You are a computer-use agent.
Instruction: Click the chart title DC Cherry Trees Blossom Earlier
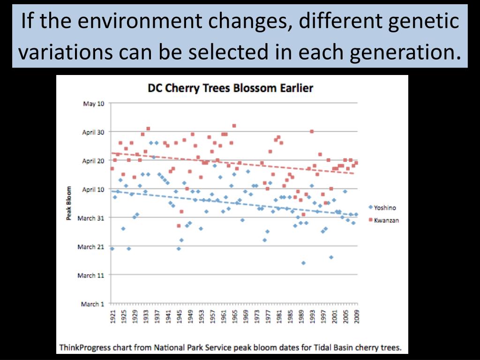230,88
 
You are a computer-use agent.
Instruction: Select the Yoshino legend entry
384,207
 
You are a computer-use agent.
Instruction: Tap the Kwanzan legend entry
386,220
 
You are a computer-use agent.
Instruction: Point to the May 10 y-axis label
93,104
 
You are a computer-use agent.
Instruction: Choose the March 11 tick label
92,276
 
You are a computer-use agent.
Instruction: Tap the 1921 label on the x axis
112,317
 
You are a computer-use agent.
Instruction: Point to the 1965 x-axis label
234,317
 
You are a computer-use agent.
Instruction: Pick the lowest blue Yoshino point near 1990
303,263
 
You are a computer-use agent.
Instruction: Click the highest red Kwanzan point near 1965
234,126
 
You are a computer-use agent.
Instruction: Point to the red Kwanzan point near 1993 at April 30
312,131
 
